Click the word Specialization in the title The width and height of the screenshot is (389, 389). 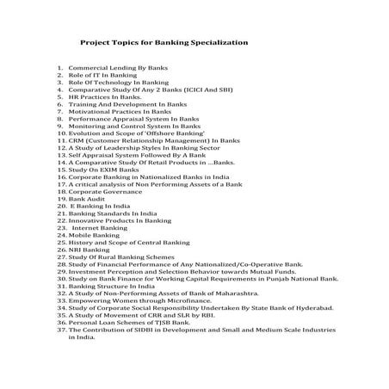213,41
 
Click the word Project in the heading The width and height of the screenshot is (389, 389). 95,41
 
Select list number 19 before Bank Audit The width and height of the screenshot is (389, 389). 61,198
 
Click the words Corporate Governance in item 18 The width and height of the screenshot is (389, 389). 102,191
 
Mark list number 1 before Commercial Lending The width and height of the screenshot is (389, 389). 60,67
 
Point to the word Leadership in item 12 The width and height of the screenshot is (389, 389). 122,147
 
